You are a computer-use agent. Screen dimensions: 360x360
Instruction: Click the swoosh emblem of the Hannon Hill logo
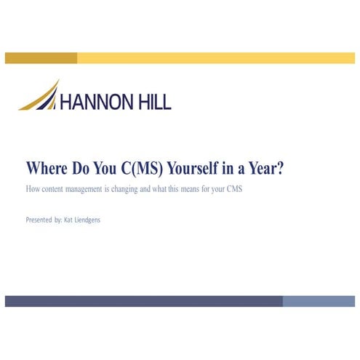click(x=41, y=97)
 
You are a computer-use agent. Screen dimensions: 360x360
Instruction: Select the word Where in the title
click(x=48, y=168)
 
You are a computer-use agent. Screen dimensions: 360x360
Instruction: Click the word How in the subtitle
click(x=32, y=189)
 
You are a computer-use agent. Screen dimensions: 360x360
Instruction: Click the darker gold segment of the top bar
click(x=41, y=58)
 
